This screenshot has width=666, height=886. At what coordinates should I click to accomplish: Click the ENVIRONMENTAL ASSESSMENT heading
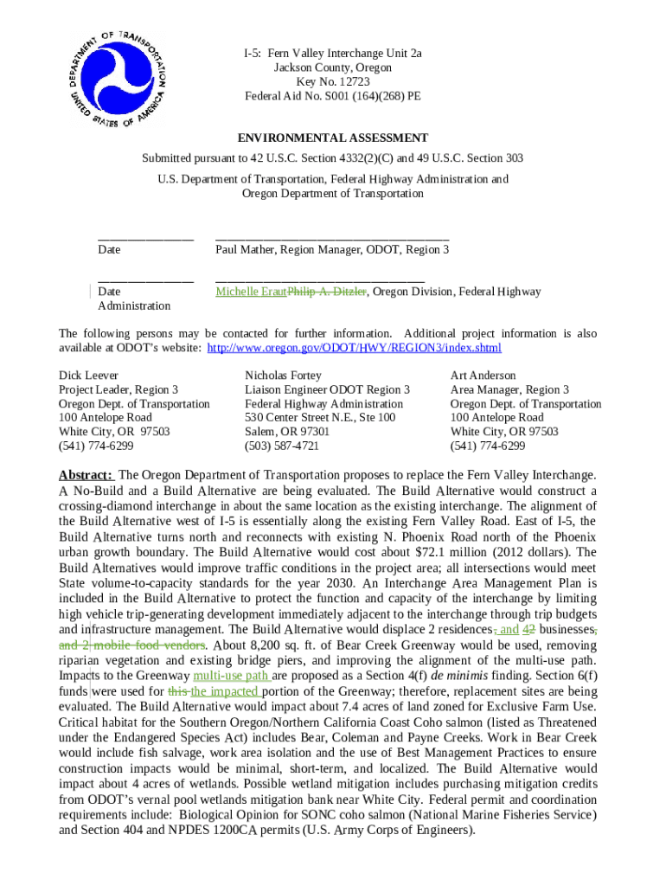click(x=333, y=138)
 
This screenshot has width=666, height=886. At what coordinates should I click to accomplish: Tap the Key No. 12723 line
click(x=333, y=81)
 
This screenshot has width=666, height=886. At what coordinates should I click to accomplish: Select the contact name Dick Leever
click(x=88, y=376)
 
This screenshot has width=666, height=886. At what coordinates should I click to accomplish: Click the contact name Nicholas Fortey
click(x=283, y=376)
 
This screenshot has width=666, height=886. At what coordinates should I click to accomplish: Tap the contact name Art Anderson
click(x=483, y=376)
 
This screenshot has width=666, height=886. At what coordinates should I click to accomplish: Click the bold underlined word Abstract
click(x=85, y=476)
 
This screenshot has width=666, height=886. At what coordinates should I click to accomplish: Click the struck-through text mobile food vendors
click(x=148, y=645)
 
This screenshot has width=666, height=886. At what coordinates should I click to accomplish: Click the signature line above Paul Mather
click(x=331, y=234)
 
